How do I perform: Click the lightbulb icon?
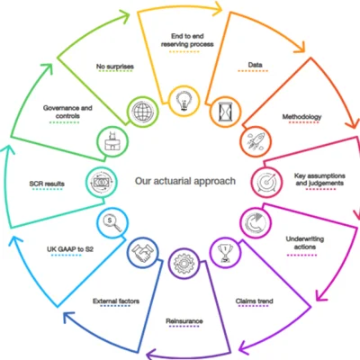(x=184, y=101)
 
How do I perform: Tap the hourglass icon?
(x=225, y=112)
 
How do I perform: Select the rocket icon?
(x=256, y=141)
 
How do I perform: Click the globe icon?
(x=143, y=112)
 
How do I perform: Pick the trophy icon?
(x=225, y=253)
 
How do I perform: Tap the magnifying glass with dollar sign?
(x=112, y=223)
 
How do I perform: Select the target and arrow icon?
(x=266, y=181)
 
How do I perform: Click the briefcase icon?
(x=112, y=141)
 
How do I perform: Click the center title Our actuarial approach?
(x=185, y=181)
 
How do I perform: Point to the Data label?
(x=255, y=65)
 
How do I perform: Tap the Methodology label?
(x=301, y=117)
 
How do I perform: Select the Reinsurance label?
(x=184, y=321)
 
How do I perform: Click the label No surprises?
(x=115, y=67)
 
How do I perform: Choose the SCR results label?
(x=47, y=184)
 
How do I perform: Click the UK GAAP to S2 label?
(x=70, y=249)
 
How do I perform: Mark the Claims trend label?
(x=255, y=301)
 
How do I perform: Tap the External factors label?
(x=116, y=301)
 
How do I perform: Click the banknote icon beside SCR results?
(x=102, y=182)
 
